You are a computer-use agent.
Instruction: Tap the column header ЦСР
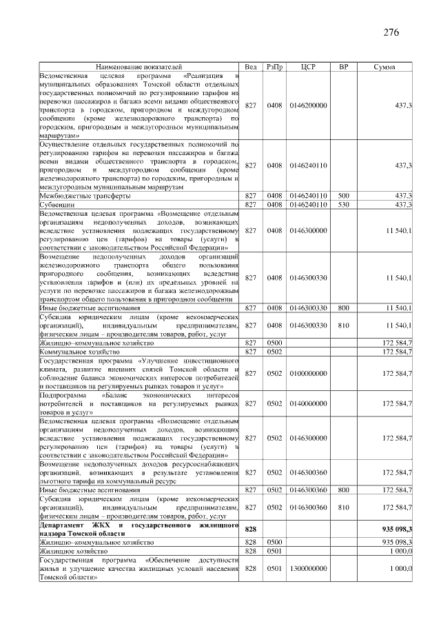[x=308, y=66]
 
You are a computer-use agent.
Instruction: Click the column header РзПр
[x=274, y=66]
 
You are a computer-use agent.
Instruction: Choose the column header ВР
[x=343, y=66]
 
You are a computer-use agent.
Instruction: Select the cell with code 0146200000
[x=308, y=105]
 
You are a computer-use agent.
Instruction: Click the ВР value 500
[x=343, y=196]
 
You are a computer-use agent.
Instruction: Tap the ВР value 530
[x=343, y=205]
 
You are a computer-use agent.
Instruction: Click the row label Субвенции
[x=57, y=205]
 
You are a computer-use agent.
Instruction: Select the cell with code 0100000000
[x=308, y=373]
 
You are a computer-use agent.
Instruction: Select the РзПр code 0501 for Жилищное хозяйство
[x=274, y=551]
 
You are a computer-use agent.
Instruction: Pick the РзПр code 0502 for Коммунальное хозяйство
[x=274, y=352]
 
